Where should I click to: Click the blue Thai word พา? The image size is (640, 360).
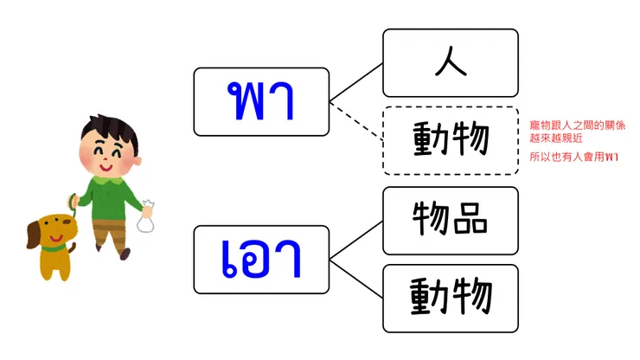point(262,101)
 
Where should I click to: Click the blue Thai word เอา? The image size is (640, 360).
point(262,258)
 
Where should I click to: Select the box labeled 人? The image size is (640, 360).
point(451,62)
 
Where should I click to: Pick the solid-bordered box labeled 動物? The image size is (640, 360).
point(451,298)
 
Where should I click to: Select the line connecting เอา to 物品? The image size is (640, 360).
point(356,240)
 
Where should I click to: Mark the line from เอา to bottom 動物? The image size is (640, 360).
point(356,279)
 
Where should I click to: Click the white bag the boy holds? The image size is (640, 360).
point(146,220)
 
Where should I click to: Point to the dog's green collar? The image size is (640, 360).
point(54,248)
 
